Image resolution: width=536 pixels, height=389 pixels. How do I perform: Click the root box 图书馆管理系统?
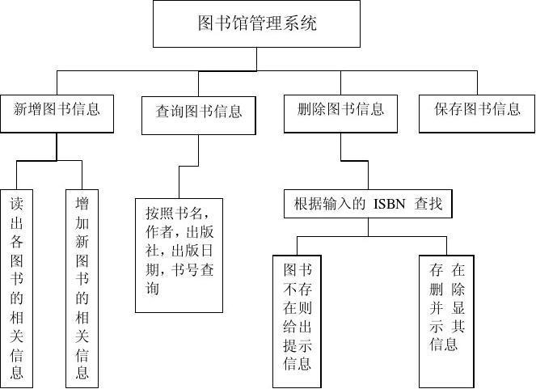pyautogui.click(x=256, y=23)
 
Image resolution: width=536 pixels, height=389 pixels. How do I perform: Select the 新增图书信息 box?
pyautogui.click(x=57, y=114)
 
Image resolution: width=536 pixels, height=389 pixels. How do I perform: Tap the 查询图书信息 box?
pyautogui.click(x=199, y=115)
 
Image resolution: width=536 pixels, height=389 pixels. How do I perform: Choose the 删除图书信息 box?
pyautogui.click(x=340, y=114)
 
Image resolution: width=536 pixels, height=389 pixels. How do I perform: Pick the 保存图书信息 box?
pyautogui.click(x=477, y=114)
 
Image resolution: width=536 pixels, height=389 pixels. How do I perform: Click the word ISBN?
pyautogui.click(x=390, y=204)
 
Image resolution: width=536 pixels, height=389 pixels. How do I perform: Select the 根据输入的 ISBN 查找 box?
pyautogui.click(x=368, y=204)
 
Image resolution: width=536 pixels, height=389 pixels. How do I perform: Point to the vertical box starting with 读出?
pyautogui.click(x=16, y=289)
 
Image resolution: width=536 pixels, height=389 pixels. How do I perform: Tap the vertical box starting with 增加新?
pyautogui.click(x=82, y=289)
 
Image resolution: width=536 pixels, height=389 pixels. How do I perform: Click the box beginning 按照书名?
pyautogui.click(x=179, y=256)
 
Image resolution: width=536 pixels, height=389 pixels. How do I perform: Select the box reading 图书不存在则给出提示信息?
pyautogui.click(x=297, y=322)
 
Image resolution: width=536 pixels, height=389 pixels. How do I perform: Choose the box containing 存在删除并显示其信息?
pyautogui.click(x=446, y=322)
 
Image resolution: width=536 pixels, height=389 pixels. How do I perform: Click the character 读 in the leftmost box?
pyautogui.click(x=16, y=204)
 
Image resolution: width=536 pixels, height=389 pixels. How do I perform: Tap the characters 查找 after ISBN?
pyautogui.click(x=428, y=204)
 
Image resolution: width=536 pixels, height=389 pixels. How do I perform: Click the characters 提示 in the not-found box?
pyautogui.click(x=297, y=345)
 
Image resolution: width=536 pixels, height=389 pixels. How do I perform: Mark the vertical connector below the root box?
pyautogui.click(x=257, y=59)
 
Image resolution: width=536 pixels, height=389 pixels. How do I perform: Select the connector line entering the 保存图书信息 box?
pyautogui.click(x=477, y=82)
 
